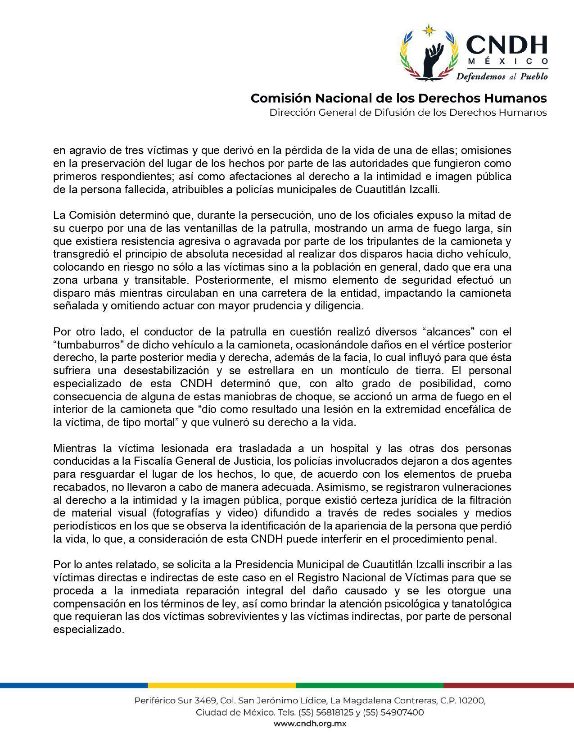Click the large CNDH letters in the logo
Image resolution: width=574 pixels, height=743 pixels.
[507, 45]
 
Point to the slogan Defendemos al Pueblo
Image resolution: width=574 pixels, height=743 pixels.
[502, 76]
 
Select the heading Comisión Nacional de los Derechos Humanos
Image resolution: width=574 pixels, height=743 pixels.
[398, 98]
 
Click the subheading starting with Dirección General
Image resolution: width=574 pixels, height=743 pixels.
[408, 112]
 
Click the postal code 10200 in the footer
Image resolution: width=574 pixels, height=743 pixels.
[470, 701]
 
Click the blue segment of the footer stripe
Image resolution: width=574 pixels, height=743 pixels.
[74, 685]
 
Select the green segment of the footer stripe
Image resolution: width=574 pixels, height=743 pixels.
[369, 685]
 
